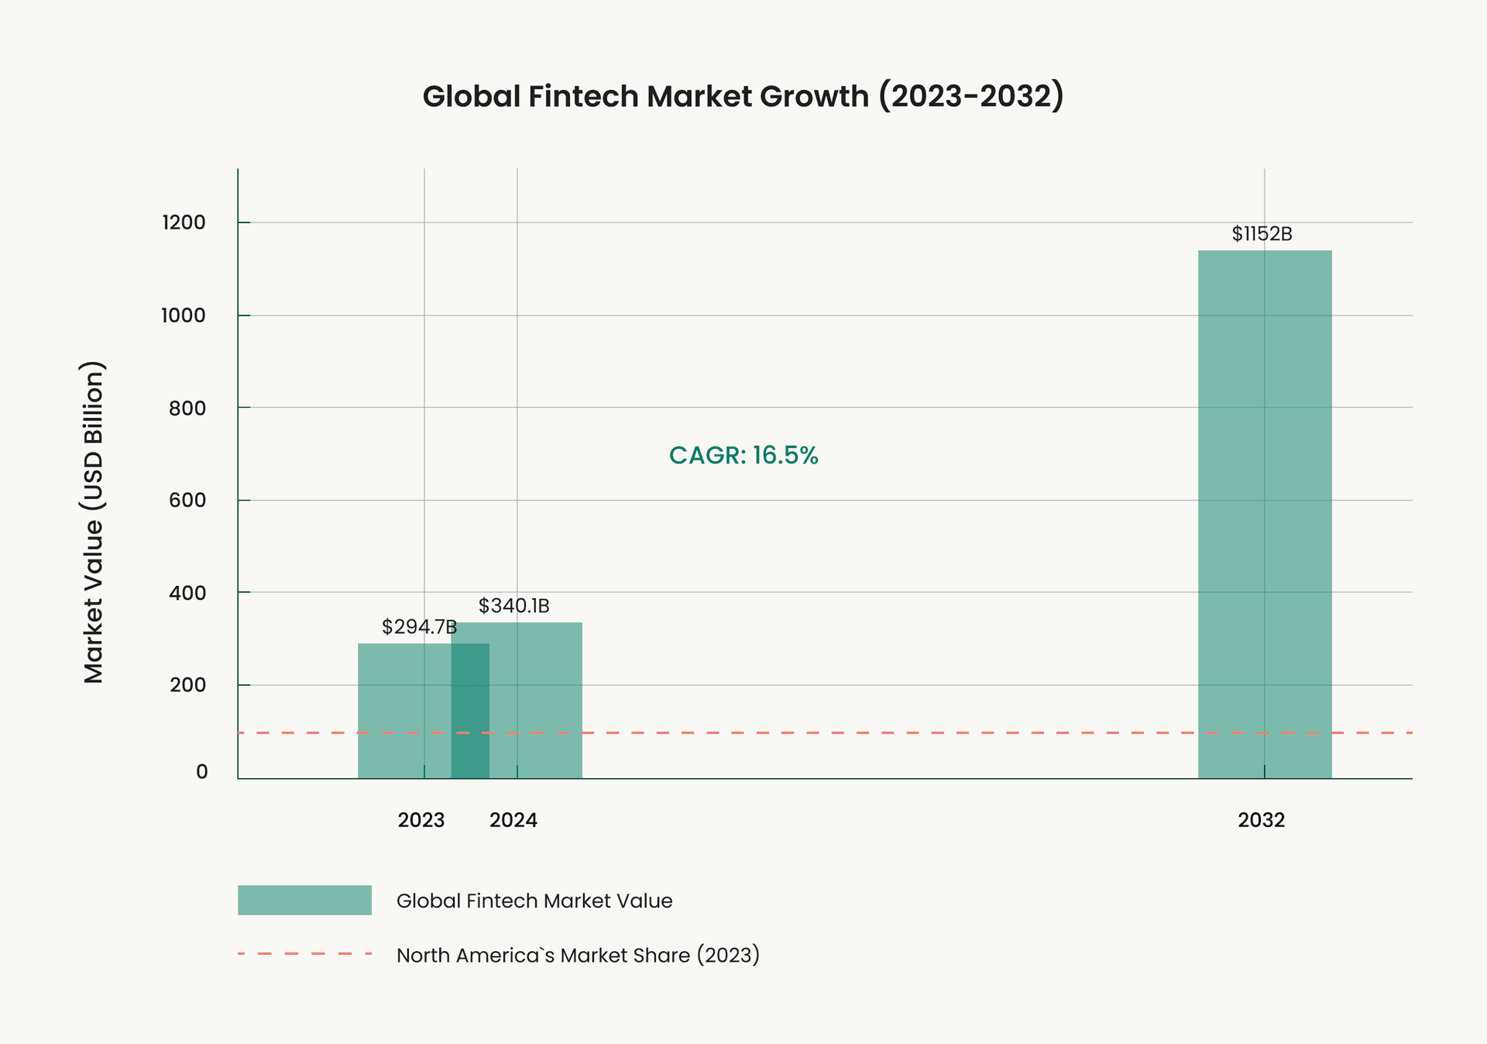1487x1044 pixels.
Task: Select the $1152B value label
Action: pos(1262,234)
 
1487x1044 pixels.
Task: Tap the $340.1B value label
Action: pos(513,606)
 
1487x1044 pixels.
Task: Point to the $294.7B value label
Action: pos(419,627)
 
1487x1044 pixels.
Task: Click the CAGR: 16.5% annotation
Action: pos(743,455)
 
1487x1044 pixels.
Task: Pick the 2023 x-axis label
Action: pos(421,820)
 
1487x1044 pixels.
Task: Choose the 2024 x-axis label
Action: pos(513,820)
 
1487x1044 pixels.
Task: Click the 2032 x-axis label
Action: pos(1261,820)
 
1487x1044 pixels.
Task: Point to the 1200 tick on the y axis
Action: pos(184,223)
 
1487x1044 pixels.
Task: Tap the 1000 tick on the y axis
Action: pos(184,315)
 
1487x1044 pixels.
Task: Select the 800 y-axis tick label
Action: pos(187,408)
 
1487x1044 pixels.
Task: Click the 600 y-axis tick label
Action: pos(187,500)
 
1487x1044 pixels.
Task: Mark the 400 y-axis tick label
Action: pos(187,593)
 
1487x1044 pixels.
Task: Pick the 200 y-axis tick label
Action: pos(187,685)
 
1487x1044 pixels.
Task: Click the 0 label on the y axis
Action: pos(201,772)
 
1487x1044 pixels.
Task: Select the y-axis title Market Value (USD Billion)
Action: pos(93,522)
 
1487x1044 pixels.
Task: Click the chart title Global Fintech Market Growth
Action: pos(743,97)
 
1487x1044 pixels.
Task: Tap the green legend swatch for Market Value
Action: pos(304,901)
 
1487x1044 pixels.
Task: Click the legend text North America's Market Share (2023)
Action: pos(578,955)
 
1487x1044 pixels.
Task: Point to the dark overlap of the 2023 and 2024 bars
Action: pos(470,711)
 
